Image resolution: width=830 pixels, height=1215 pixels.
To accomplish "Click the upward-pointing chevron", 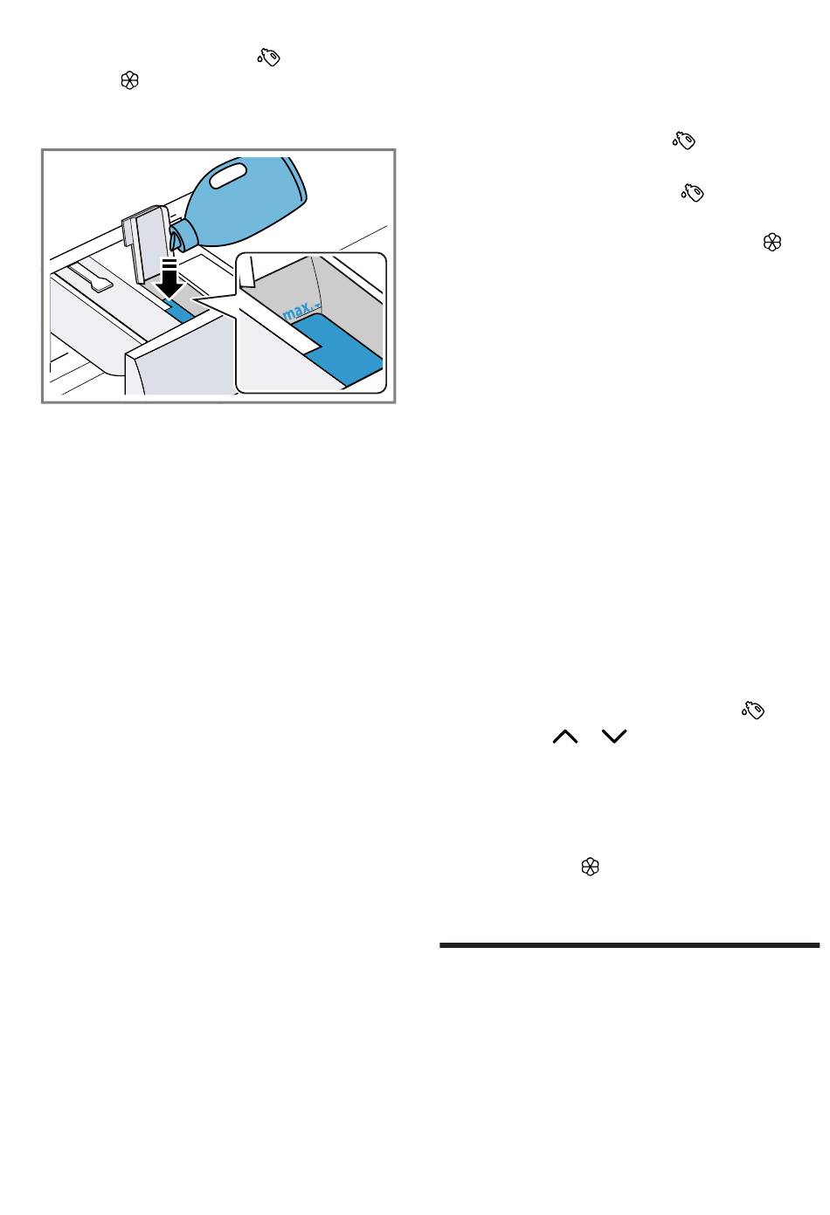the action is [565, 736].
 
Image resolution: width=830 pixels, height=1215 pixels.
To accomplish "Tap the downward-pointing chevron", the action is [614, 736].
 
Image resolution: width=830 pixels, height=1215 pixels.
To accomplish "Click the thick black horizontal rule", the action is [629, 945].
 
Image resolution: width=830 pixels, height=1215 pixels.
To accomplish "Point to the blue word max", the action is [296, 312].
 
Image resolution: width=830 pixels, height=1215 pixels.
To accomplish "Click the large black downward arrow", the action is [169, 284].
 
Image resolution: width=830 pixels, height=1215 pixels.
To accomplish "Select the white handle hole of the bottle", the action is [228, 177].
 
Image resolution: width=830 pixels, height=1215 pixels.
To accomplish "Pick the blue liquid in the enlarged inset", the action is [337, 351].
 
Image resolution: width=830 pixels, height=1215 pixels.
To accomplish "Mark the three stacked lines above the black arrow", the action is [169, 264].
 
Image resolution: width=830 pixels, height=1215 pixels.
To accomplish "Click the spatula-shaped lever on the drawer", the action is [93, 277].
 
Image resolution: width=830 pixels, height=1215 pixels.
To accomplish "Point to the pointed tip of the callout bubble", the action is [194, 299].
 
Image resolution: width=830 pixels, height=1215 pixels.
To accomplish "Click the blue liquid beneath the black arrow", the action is [180, 312].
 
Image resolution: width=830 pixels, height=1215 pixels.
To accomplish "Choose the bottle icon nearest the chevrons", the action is [753, 710].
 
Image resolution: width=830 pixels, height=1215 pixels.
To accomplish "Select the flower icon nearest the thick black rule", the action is [590, 866].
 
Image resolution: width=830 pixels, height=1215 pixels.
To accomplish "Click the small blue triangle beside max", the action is [317, 307].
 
